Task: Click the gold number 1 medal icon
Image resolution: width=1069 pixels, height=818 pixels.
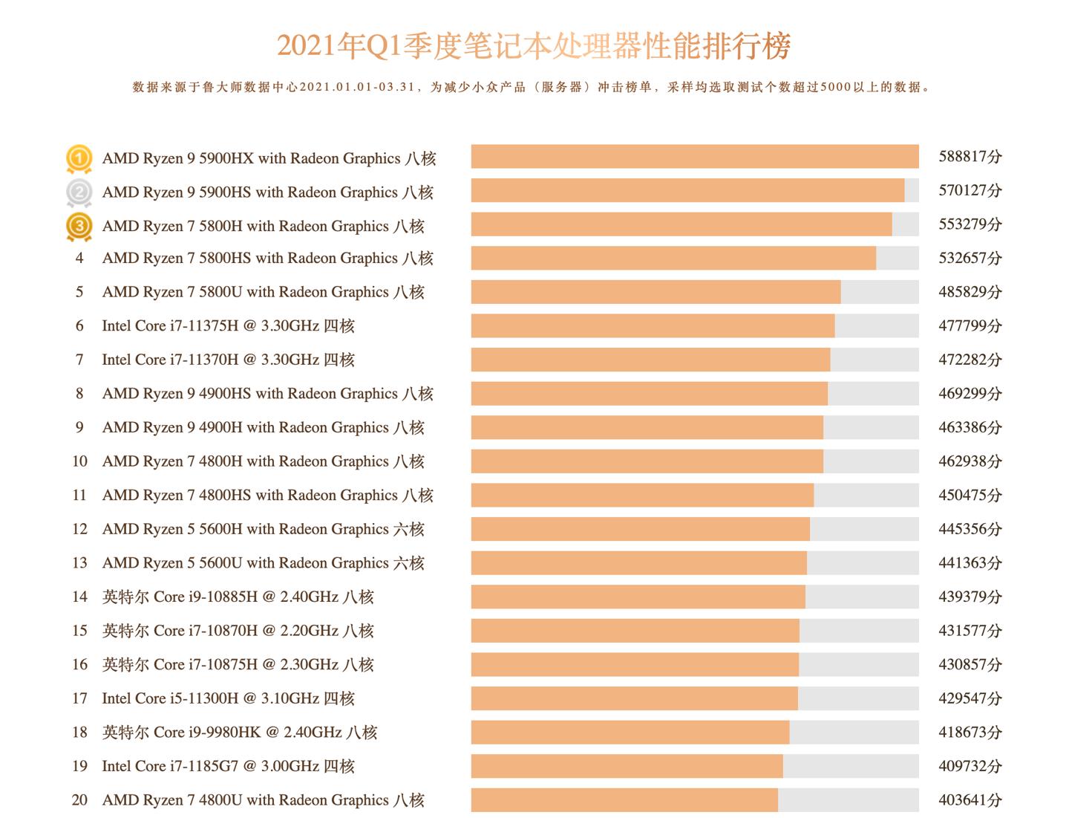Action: [x=79, y=158]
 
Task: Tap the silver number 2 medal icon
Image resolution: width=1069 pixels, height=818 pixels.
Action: [x=79, y=192]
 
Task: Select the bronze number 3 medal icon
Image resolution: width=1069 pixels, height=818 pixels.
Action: [x=79, y=227]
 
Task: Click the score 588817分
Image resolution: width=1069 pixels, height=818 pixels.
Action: [x=970, y=157]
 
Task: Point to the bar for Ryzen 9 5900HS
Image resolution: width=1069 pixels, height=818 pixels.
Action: [x=687, y=191]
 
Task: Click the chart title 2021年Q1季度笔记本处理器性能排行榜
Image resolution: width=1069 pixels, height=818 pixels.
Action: [x=534, y=46]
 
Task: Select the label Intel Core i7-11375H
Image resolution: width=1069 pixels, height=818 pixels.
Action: [x=228, y=326]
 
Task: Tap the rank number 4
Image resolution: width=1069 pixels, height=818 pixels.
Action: [x=79, y=259]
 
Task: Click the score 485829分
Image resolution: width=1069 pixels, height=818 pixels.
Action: [x=970, y=292]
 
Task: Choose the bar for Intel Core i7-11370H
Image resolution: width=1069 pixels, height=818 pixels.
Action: [x=650, y=360]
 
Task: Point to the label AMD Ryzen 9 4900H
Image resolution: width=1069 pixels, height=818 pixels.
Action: [x=263, y=428]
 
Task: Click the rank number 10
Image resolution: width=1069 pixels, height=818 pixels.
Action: [x=79, y=461]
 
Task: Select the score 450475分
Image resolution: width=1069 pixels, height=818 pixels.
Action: [x=970, y=496]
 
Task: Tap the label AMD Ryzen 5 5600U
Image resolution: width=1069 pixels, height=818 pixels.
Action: [x=263, y=563]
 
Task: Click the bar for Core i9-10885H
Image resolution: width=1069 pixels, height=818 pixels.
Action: [x=638, y=597]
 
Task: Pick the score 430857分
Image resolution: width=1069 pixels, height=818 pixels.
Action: [x=970, y=665]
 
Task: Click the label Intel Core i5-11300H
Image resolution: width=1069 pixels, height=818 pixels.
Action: [x=228, y=698]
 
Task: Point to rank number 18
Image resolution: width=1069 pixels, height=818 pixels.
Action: [x=79, y=733]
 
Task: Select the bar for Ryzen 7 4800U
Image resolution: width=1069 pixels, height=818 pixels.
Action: [x=624, y=800]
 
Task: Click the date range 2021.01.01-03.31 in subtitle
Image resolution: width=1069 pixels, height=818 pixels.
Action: [x=357, y=87]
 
